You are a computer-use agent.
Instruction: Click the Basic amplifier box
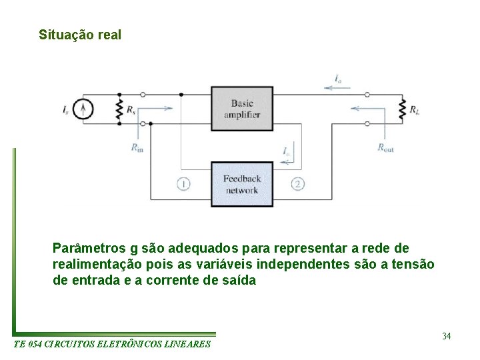coord(242,109)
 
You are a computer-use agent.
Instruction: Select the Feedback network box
coord(242,184)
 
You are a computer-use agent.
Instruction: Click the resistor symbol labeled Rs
coord(119,109)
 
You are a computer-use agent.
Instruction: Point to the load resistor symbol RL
coord(402,109)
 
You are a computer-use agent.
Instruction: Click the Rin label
coord(137,147)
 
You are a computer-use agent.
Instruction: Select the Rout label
coord(385,147)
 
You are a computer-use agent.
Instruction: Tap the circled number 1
coord(184,184)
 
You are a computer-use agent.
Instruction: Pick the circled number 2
coord(298,184)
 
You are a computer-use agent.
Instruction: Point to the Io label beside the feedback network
coord(286,151)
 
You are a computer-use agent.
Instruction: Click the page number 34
coord(446,336)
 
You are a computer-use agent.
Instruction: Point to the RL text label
coord(415,109)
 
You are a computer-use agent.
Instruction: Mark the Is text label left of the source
coord(65,109)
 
